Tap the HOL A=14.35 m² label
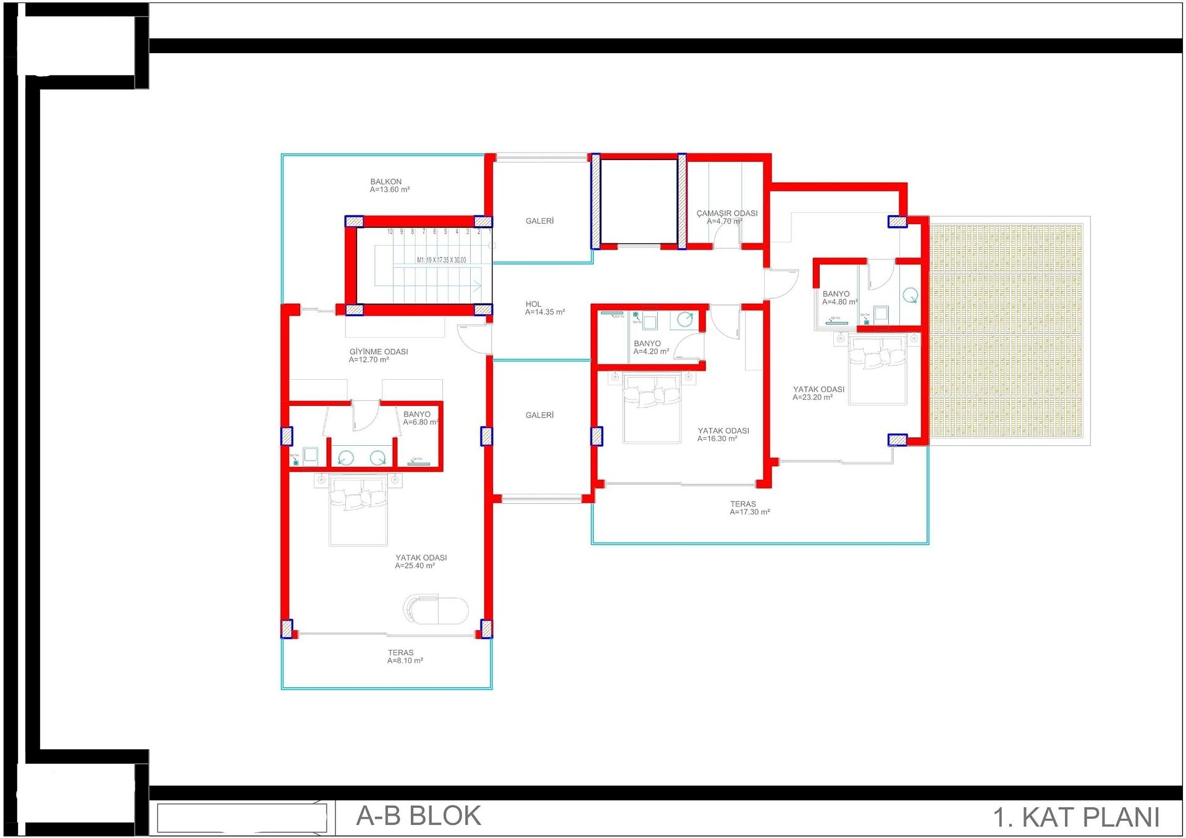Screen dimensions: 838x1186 point(544,308)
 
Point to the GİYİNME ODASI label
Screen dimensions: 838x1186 point(378,356)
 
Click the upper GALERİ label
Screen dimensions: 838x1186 point(539,221)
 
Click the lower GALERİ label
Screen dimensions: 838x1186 point(539,416)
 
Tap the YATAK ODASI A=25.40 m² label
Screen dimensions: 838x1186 point(420,562)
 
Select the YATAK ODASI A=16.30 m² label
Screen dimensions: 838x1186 point(722,435)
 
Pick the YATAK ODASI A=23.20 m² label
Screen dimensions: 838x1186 point(818,393)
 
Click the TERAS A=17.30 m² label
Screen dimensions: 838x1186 point(749,508)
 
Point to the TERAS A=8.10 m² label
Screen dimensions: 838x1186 point(405,656)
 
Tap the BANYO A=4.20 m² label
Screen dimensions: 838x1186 point(650,348)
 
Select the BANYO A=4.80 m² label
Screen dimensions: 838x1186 point(839,298)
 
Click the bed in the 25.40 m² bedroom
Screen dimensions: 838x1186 point(358,509)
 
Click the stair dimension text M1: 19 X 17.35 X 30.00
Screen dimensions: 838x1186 point(441,260)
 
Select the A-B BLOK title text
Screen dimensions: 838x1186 point(418,816)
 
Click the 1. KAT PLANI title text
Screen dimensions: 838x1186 point(1075,818)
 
